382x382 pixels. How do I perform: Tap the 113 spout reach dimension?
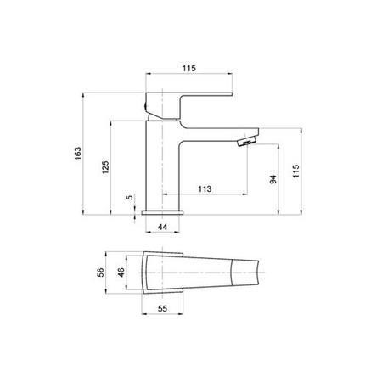[205, 189]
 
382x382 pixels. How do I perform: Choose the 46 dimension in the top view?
[121, 272]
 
